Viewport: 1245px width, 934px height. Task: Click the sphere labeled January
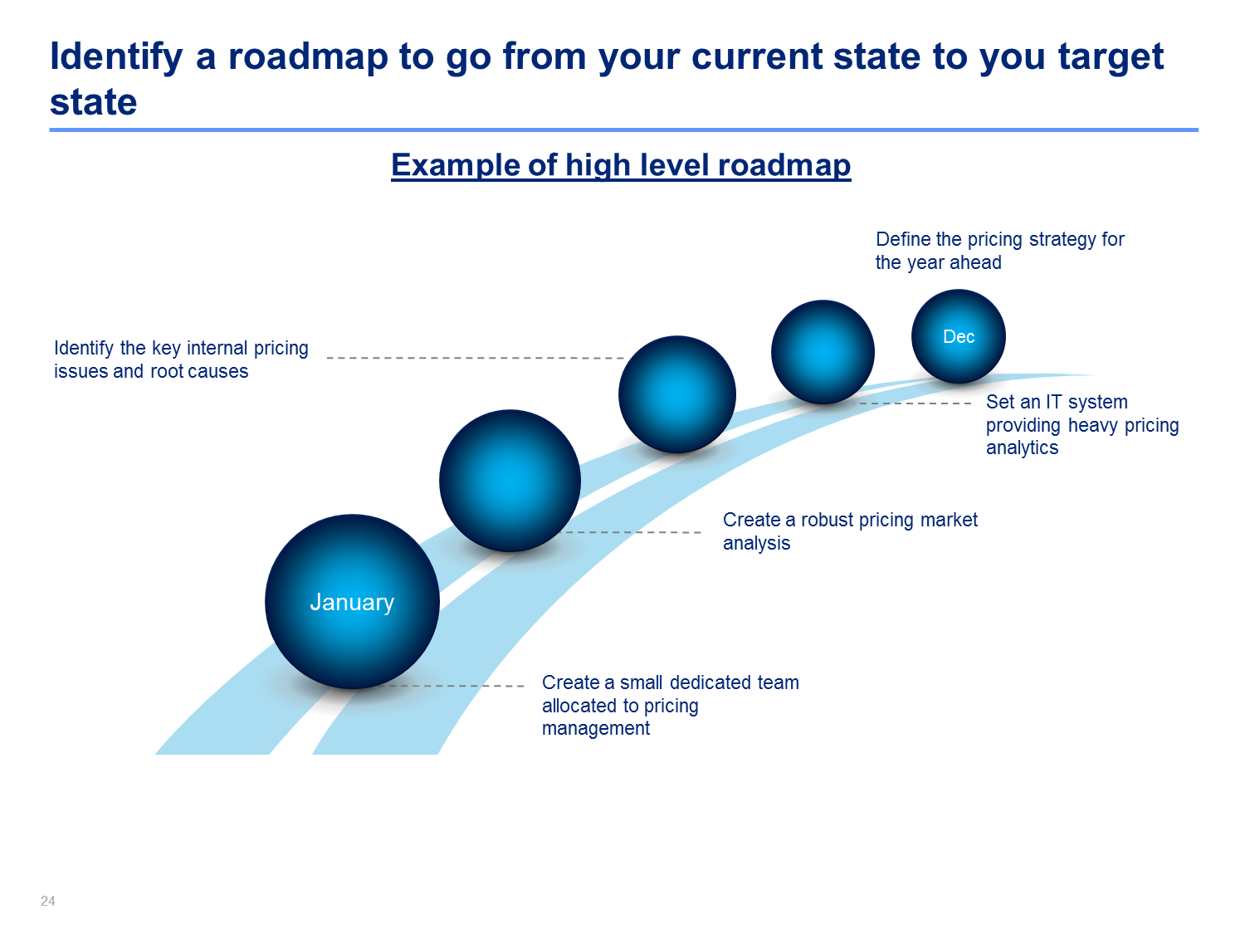352,602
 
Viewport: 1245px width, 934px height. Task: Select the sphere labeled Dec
959,336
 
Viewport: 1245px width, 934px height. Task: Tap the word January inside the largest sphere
352,602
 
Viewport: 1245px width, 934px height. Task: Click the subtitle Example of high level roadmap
621,165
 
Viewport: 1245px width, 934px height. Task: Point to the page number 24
47,901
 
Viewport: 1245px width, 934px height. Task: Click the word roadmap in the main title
307,56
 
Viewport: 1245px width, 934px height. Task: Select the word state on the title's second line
94,102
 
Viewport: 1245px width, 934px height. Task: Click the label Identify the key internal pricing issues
181,359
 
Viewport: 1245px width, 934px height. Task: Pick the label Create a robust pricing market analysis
850,531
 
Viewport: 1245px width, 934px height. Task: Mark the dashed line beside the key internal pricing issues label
476,359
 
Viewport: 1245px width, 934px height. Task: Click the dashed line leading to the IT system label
913,403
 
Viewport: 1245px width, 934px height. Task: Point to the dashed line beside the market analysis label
630,532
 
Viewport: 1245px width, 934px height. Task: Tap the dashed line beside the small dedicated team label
452,687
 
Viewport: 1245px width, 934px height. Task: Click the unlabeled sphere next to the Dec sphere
823,352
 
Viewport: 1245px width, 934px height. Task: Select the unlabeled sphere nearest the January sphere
510,481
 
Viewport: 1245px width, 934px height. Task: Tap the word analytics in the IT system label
1022,448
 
